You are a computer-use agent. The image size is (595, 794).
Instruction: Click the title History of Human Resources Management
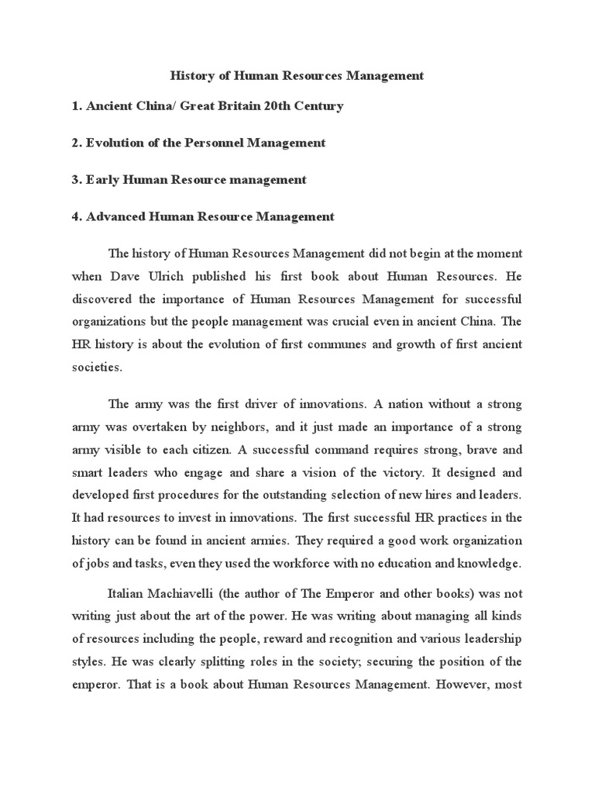[x=297, y=76]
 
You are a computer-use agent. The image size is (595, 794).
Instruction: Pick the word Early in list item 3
[x=105, y=180]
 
